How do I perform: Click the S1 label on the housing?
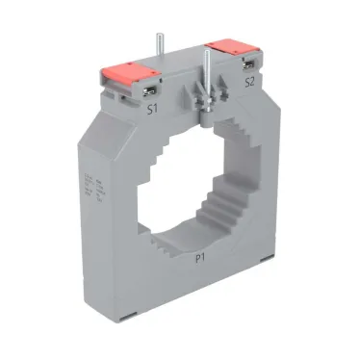click(x=151, y=110)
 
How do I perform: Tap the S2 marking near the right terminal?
click(x=249, y=83)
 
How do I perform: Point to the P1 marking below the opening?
click(x=201, y=258)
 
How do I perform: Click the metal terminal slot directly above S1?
click(x=152, y=92)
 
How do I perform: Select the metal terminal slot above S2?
click(x=248, y=65)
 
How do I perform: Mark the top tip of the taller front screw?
click(x=206, y=50)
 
